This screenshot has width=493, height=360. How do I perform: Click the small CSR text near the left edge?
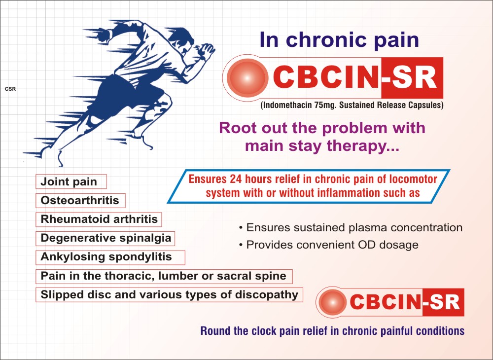10,89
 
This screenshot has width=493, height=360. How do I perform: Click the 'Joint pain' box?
71,182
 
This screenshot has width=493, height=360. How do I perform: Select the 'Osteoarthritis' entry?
80,201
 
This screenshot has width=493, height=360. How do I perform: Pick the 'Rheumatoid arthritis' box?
99,219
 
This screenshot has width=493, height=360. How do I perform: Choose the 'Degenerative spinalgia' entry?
106,238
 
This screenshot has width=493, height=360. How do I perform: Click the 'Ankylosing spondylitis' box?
110,257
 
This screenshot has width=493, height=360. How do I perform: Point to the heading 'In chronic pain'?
339,40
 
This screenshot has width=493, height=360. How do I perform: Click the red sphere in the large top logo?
247,77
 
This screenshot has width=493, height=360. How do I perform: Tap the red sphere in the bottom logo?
333,302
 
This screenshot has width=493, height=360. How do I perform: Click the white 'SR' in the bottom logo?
445,302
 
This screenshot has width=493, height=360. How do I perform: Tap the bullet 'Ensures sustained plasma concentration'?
351,228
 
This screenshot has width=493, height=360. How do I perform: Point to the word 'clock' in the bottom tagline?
264,331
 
